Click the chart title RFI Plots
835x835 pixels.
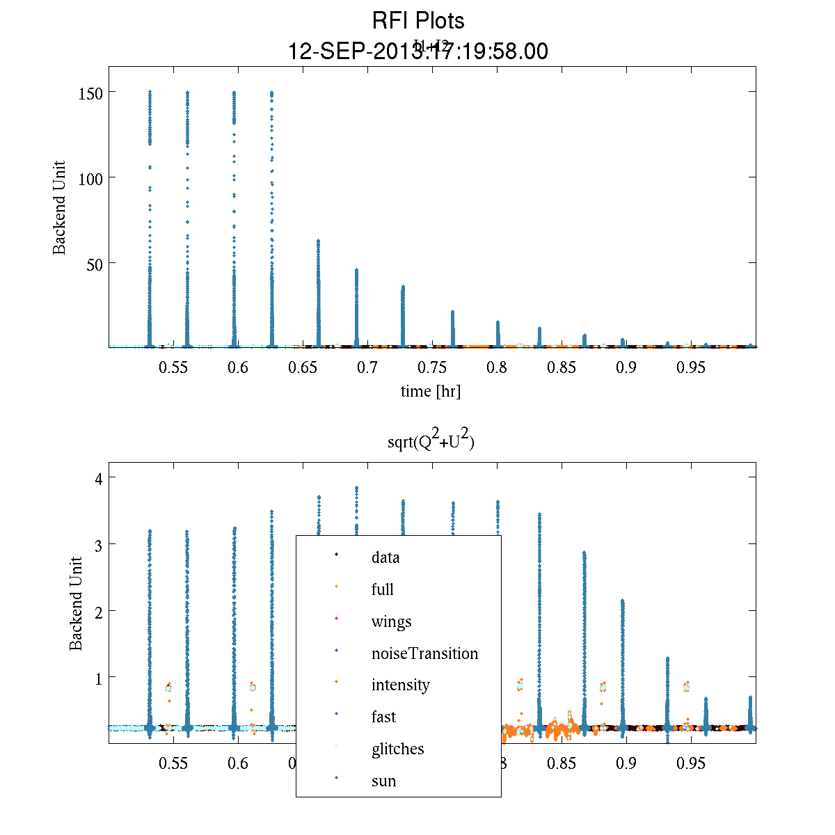418,21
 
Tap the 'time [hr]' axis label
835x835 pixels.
431,391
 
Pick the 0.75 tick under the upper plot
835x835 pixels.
432,367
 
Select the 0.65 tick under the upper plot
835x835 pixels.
303,367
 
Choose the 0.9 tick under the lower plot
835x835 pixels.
626,763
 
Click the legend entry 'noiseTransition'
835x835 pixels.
424,653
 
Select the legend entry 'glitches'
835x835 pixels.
397,749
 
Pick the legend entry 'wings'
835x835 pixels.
391,621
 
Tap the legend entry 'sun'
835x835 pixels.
383,781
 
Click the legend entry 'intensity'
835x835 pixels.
400,685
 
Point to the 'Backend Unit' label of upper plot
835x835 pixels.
60,208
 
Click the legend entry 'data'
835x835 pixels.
385,557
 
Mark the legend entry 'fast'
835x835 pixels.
383,717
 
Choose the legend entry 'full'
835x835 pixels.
382,589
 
